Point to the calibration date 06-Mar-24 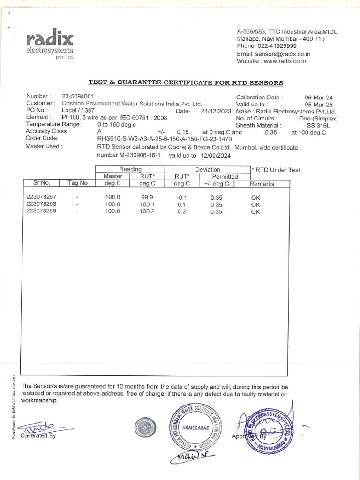point(319,97)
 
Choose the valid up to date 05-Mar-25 point(319,105)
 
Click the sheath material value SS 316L point(318,125)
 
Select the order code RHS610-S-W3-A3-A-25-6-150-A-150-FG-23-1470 point(165,139)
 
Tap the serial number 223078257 point(42,197)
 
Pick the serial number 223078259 point(42,211)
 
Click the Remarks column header point(262,184)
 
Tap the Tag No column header point(77,183)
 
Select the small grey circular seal point(145,427)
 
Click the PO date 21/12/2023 point(216,112)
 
